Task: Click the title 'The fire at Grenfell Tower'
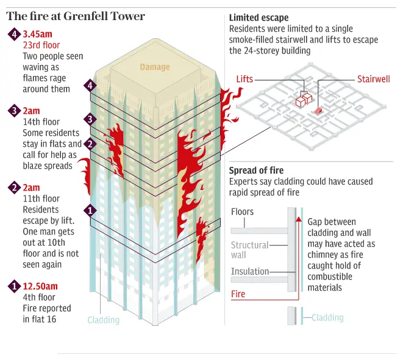(x=76, y=16)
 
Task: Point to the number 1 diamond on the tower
(x=90, y=211)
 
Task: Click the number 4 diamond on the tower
(x=90, y=86)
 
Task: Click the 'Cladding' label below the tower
(x=104, y=320)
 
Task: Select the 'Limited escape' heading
(x=259, y=18)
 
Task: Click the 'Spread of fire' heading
(x=256, y=171)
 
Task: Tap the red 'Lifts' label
(x=244, y=79)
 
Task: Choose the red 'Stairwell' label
(x=374, y=79)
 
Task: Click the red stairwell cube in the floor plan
(x=318, y=110)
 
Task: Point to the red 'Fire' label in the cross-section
(x=238, y=294)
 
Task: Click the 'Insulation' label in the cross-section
(x=249, y=272)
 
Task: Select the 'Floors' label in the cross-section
(x=242, y=212)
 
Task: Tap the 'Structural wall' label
(x=249, y=250)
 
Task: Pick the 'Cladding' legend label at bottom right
(x=327, y=317)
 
